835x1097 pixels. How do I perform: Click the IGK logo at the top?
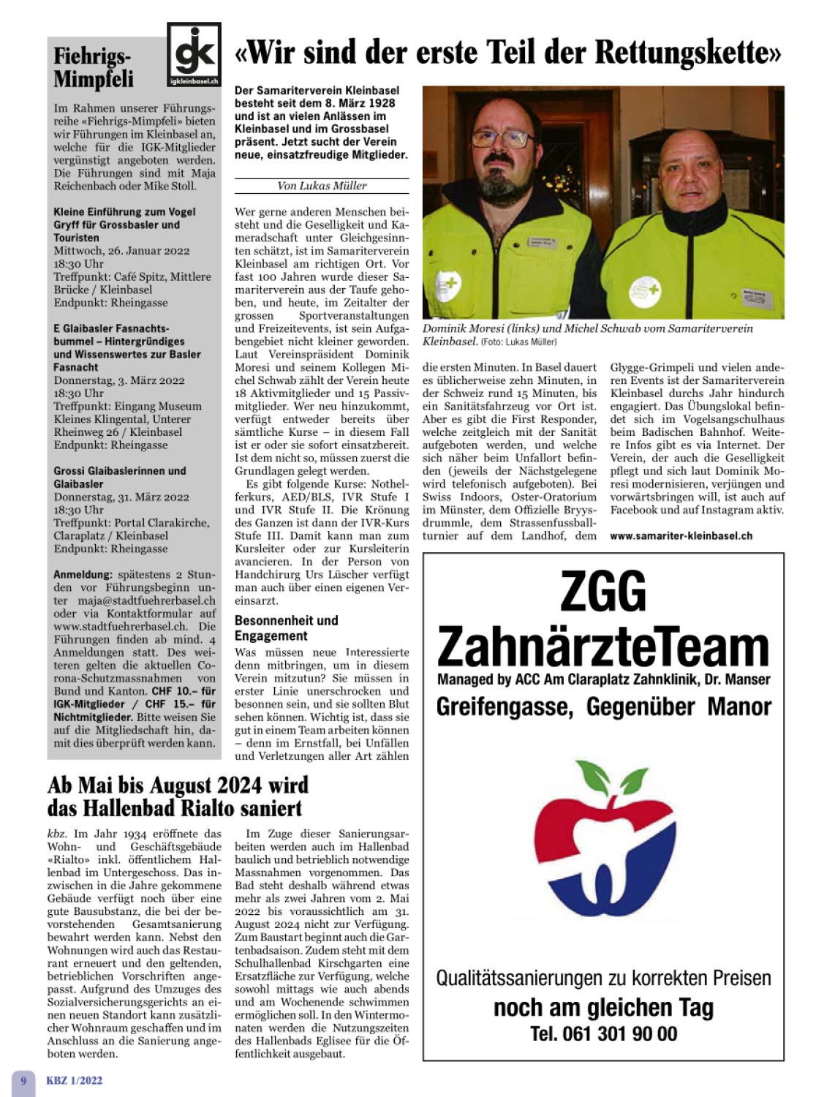coord(194,54)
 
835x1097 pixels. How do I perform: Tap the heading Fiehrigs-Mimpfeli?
coord(94,67)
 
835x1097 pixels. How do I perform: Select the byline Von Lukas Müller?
coord(322,186)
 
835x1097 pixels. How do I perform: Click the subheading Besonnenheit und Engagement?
coord(286,628)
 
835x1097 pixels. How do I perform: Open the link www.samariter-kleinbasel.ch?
coord(681,536)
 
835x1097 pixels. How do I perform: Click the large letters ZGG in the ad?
coord(603,591)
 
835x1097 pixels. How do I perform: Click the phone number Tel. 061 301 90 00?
coord(603,1033)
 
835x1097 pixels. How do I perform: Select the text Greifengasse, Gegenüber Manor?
coord(603,707)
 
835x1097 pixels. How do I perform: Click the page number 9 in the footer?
coord(23,1080)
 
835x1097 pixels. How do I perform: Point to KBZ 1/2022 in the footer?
coord(75,1080)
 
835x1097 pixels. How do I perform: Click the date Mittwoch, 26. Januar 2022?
coord(121,251)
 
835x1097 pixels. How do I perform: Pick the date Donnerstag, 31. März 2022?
coord(121,497)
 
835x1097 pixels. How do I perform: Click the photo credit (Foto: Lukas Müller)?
coord(519,342)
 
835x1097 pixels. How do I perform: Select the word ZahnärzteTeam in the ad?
coord(603,646)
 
